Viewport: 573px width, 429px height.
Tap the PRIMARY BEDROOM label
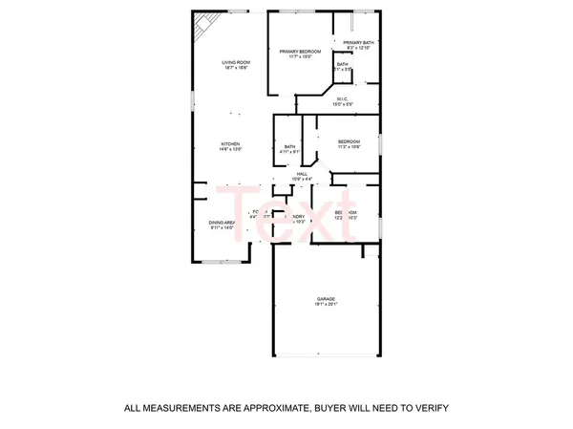click(300, 51)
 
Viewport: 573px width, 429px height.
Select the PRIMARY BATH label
click(357, 43)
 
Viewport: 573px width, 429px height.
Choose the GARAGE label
click(327, 299)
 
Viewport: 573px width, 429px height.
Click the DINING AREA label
click(223, 223)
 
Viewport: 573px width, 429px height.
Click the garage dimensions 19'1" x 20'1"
click(327, 305)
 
